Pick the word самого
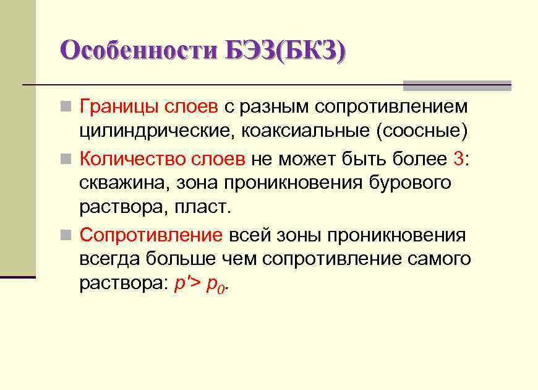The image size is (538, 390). pos(440,258)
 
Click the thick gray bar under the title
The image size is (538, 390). pos(457,85)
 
